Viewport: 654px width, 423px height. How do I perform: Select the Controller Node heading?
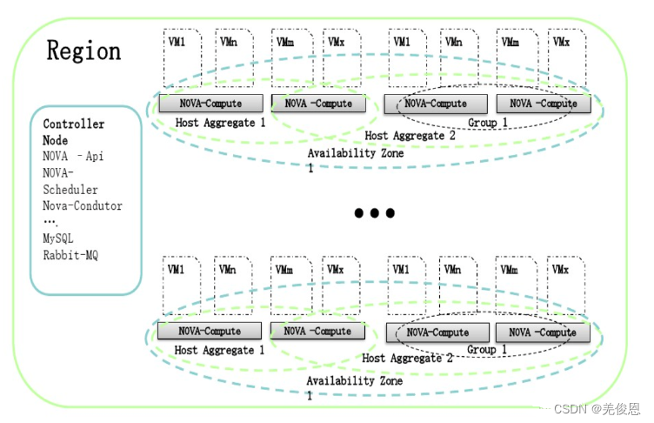[x=73, y=132]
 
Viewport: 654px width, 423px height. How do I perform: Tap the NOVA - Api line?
[x=79, y=157]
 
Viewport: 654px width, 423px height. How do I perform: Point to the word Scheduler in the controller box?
[x=70, y=190]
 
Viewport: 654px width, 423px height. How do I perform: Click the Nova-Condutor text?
[x=83, y=206]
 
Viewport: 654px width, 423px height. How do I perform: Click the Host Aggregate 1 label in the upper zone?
[x=221, y=123]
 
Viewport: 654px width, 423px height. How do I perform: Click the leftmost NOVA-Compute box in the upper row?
[x=211, y=104]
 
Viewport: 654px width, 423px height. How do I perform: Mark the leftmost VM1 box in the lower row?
[x=181, y=287]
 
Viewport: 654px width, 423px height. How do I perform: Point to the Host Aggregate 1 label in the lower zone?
[x=220, y=350]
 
